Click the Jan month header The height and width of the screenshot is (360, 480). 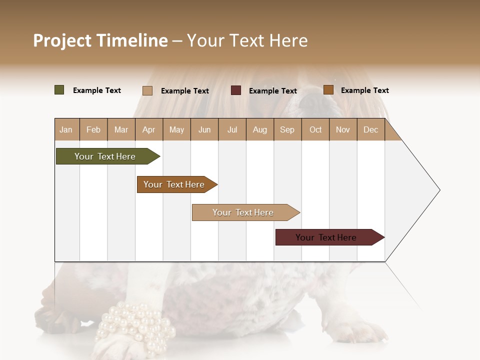pos(66,129)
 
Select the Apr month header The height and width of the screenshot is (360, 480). pos(148,129)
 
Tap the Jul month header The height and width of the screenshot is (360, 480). pos(232,129)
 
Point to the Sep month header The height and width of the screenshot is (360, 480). pos(287,129)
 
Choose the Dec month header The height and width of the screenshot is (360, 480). pos(370,129)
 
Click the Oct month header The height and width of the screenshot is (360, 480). pos(315,129)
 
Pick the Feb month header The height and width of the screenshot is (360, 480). pos(93,129)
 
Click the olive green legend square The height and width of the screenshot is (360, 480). pos(59,90)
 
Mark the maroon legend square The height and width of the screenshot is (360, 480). pos(236,90)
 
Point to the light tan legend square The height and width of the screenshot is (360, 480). pos(147,90)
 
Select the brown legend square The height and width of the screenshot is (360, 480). pos(328,90)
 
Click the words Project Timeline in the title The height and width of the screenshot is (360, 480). pos(100,40)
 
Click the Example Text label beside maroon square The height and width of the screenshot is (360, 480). pos(272,91)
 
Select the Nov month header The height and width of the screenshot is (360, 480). pos(342,129)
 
